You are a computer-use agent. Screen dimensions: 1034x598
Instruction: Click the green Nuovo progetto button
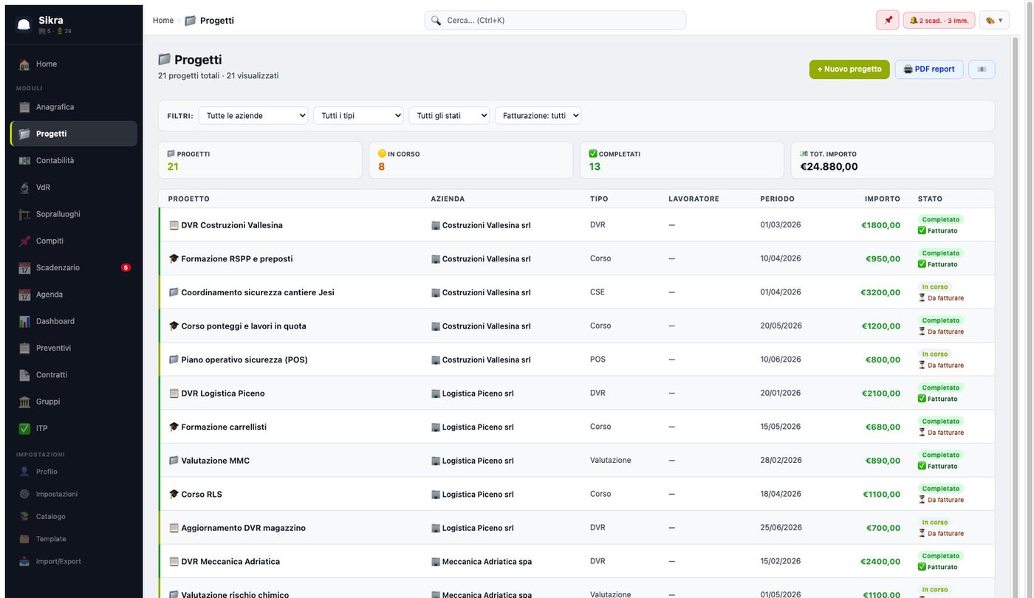coord(849,69)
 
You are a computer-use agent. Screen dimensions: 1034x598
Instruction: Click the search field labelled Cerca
coord(555,21)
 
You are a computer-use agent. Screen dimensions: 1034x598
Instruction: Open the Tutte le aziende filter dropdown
coord(253,115)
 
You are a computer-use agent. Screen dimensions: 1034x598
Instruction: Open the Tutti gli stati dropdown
coord(449,115)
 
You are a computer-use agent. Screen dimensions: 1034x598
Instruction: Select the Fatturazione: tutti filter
coord(538,115)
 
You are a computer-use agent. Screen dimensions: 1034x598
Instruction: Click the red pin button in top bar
coord(887,21)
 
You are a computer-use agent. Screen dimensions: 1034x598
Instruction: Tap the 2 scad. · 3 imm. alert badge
coord(939,21)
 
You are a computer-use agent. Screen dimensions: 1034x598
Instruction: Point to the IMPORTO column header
coord(882,199)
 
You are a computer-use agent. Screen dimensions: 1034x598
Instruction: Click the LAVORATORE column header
coord(694,199)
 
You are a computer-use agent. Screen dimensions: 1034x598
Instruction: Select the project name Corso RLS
coord(201,494)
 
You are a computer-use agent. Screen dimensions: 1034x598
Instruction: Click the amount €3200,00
coord(880,292)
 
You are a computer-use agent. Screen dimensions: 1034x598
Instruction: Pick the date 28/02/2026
coord(781,460)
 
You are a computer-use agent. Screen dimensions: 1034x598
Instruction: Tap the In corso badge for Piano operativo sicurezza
coord(935,354)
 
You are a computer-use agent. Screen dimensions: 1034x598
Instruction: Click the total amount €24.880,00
coord(829,167)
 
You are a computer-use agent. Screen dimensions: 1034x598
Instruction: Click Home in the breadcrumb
coord(163,21)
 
